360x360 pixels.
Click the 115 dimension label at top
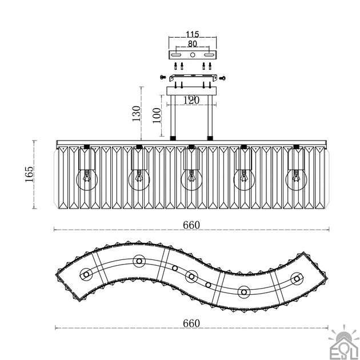point(192,34)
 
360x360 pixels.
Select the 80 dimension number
point(193,43)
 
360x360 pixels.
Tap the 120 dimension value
point(191,100)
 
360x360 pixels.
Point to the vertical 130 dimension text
point(136,113)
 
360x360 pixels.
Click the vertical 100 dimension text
point(157,115)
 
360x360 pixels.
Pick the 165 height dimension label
point(29,174)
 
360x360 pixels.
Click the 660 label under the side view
point(191,225)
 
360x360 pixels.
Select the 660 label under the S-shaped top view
point(191,323)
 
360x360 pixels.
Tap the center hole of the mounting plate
point(193,55)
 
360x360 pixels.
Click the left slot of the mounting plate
point(176,55)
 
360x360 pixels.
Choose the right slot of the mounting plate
point(209,55)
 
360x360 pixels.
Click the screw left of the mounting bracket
point(163,77)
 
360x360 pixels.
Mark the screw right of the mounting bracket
point(222,78)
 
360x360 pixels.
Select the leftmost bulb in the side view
point(87,180)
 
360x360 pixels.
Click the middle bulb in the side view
point(191,180)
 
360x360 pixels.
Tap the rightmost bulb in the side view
point(296,180)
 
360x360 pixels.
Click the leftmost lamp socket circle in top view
point(86,274)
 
